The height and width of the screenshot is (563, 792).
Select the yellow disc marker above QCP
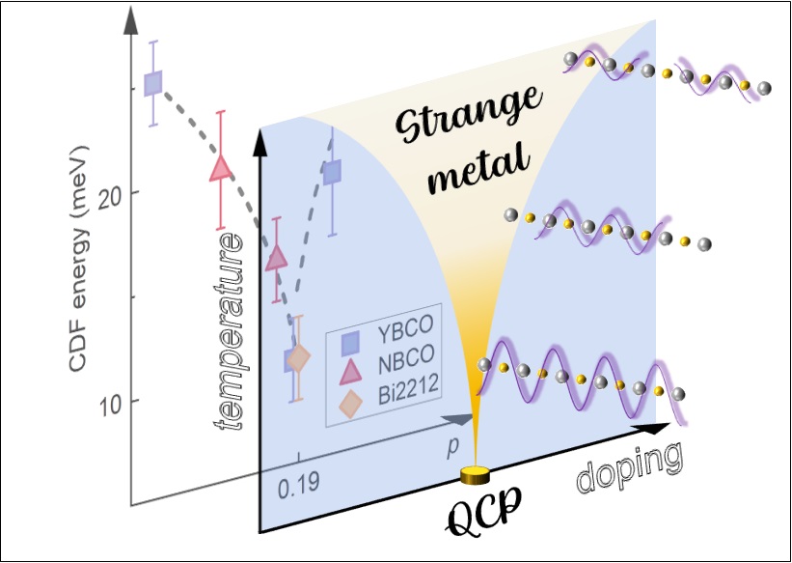click(x=476, y=474)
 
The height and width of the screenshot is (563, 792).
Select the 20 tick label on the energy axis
click(x=103, y=193)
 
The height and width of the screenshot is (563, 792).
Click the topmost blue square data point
click(x=153, y=83)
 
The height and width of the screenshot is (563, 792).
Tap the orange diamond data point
click(x=299, y=358)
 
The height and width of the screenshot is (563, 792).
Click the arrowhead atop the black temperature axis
click(x=259, y=136)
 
